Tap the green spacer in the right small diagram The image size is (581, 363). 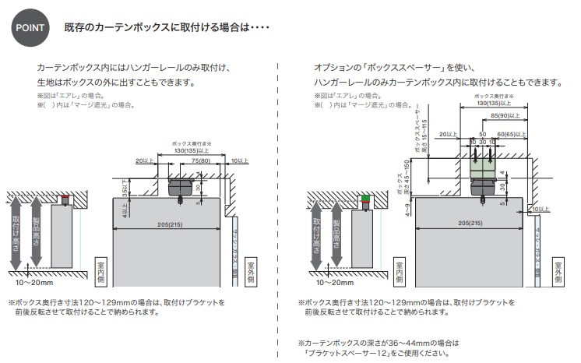point(368,198)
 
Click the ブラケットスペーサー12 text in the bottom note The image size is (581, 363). point(348,353)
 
